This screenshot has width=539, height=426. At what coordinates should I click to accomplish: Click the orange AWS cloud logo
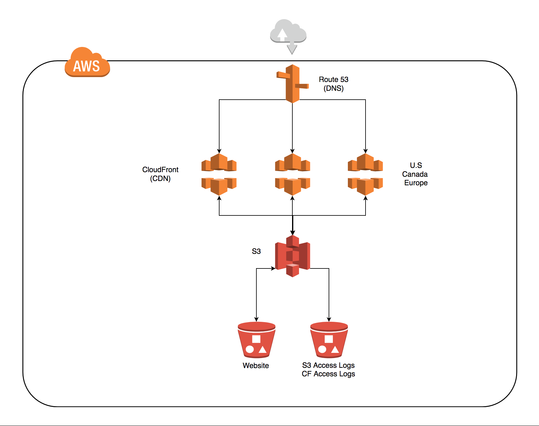[x=87, y=62]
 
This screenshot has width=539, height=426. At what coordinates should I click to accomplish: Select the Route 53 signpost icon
[x=292, y=83]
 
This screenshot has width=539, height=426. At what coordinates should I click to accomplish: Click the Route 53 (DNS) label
[x=334, y=84]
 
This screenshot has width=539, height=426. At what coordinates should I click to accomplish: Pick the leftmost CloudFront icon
[x=219, y=174]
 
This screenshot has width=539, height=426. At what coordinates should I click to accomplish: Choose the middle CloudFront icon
[x=292, y=174]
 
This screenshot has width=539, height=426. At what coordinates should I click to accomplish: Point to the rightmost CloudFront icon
[x=365, y=174]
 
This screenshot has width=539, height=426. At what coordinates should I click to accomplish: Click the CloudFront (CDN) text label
[x=160, y=174]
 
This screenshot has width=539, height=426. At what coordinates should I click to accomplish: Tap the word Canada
[x=415, y=174]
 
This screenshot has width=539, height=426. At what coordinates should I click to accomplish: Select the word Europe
[x=416, y=183]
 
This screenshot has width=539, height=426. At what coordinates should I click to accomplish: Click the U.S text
[x=416, y=165]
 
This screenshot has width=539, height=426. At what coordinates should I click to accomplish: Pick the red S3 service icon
[x=292, y=256]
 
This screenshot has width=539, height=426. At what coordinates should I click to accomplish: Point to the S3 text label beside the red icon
[x=256, y=251]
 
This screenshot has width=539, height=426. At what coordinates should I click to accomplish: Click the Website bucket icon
[x=256, y=340]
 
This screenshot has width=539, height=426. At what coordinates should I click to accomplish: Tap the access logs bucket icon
[x=329, y=340]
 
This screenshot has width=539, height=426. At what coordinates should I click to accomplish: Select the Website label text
[x=256, y=366]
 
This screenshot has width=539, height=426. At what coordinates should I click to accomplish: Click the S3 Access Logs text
[x=328, y=365]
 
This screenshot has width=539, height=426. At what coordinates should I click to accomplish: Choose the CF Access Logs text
[x=328, y=374]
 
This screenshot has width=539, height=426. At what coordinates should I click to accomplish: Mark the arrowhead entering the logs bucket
[x=329, y=319]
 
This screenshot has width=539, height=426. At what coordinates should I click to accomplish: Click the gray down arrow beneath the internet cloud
[x=292, y=49]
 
